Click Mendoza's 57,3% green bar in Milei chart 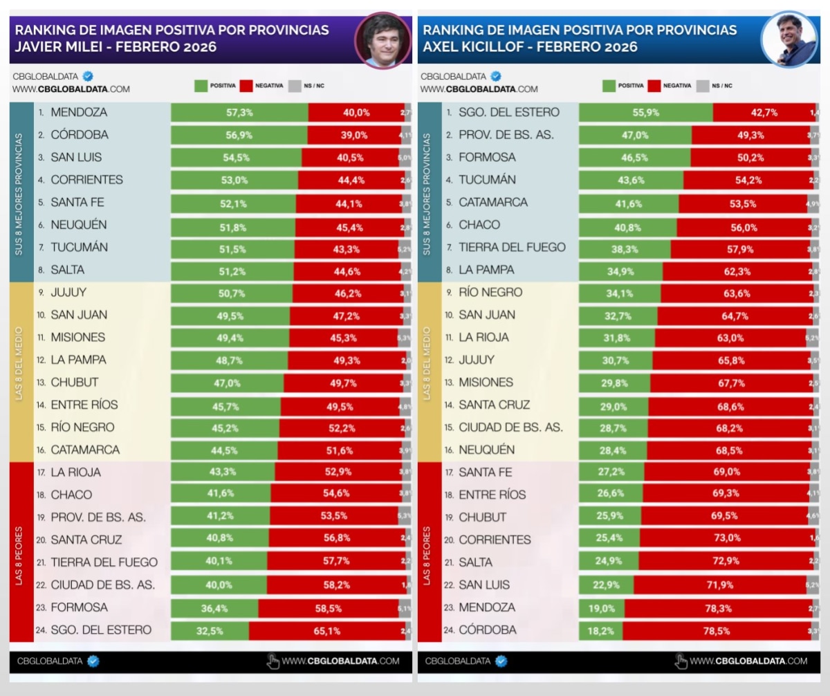[x=239, y=112]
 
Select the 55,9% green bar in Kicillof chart [x=645, y=112]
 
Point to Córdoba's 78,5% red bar [x=717, y=630]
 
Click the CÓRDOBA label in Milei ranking [x=80, y=134]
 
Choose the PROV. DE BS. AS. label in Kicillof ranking [x=506, y=135]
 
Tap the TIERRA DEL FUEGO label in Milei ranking [x=104, y=562]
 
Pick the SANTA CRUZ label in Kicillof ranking [x=494, y=405]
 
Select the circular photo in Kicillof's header [x=789, y=39]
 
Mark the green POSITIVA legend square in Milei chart [x=201, y=85]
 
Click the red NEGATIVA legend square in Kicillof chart [x=654, y=85]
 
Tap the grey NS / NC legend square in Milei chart [x=294, y=85]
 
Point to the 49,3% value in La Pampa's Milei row [x=348, y=360]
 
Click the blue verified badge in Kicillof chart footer [x=501, y=661]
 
